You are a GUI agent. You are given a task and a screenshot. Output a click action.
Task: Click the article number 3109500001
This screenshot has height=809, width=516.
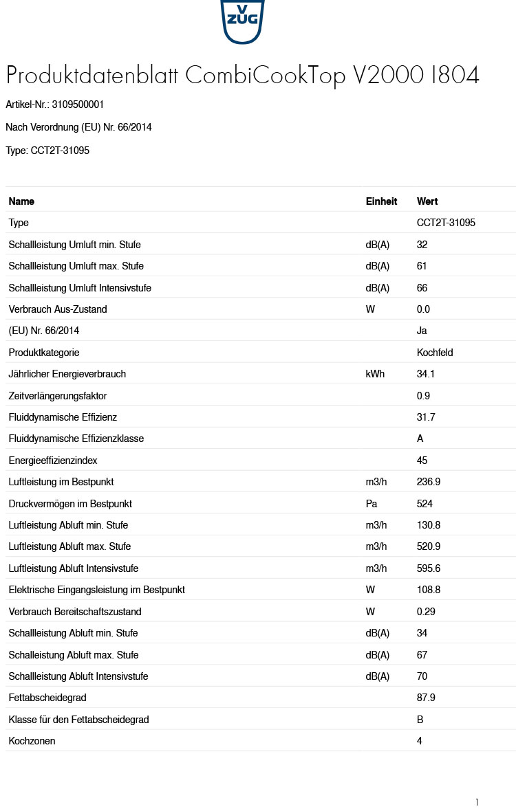(78, 104)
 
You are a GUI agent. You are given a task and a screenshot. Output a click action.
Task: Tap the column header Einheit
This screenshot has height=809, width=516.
(381, 201)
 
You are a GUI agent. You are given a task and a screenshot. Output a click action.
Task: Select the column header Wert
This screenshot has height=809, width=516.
(427, 201)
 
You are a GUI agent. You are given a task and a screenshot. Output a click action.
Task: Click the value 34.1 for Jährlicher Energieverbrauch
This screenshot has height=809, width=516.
(426, 374)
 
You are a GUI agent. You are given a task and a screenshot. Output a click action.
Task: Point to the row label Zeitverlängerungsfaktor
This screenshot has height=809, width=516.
(58, 396)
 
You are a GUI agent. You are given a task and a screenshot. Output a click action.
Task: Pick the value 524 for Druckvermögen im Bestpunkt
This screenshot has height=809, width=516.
(424, 504)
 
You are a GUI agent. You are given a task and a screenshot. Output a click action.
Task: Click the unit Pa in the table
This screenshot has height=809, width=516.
(372, 504)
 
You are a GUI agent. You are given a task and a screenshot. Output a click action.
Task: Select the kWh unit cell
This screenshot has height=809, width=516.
(375, 374)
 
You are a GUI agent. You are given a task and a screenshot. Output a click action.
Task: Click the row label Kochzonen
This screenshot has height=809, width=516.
(32, 741)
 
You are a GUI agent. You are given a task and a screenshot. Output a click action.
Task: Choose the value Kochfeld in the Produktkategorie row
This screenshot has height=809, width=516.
(435, 353)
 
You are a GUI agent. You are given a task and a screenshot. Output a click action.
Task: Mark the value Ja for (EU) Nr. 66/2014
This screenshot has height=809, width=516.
(422, 331)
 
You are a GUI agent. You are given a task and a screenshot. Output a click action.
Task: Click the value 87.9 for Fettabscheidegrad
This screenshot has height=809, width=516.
(426, 698)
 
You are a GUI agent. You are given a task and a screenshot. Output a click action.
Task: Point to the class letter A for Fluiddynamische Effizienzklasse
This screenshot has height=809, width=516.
(420, 439)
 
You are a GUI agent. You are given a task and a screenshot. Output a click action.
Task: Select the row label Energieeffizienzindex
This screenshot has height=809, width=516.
(54, 461)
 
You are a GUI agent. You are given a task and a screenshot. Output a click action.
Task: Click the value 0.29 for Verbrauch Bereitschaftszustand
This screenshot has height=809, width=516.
(426, 612)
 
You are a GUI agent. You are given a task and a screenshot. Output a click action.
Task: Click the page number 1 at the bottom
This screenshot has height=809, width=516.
(477, 802)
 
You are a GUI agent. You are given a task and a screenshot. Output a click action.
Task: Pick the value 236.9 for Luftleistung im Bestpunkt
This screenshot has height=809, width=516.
(429, 482)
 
